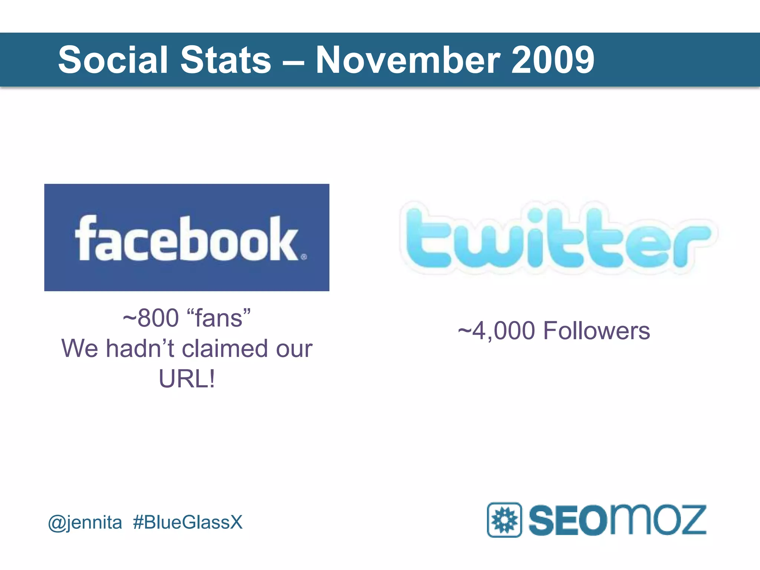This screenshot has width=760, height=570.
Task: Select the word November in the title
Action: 408,60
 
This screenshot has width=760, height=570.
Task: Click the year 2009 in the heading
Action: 553,60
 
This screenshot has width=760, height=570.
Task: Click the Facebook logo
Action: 187,237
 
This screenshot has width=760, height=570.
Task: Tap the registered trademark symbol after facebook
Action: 304,257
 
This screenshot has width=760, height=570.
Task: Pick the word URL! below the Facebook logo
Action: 187,379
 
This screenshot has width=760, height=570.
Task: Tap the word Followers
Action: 596,331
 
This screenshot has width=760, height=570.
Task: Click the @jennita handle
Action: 85,522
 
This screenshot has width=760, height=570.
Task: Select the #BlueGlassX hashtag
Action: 188,522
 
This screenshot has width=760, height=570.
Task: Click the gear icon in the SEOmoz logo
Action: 504,520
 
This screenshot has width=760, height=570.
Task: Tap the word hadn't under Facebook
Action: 140,349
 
